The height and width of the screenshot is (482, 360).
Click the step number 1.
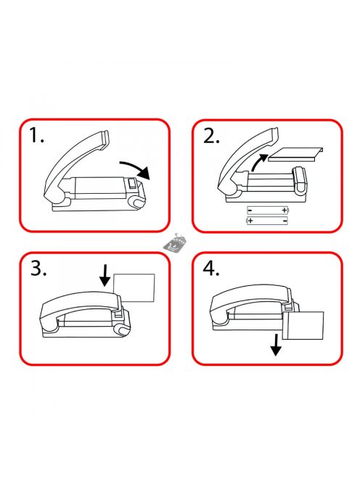[36, 136]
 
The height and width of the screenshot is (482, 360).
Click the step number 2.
[211, 136]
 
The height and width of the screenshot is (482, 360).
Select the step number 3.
[38, 269]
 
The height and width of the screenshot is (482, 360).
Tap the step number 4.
[211, 269]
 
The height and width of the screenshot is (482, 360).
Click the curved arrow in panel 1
[135, 168]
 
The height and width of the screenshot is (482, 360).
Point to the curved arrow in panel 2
[258, 161]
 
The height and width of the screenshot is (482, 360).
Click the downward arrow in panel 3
[105, 276]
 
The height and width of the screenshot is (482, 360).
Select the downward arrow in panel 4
[276, 345]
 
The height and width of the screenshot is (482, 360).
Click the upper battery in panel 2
[268, 211]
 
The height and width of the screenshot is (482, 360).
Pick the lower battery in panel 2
[268, 221]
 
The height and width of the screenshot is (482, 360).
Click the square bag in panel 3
[134, 287]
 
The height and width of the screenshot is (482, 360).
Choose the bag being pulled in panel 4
[303, 326]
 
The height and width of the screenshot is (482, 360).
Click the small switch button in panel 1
[132, 183]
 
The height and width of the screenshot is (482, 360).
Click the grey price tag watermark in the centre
[174, 243]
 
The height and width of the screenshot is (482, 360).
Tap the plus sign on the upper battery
[284, 211]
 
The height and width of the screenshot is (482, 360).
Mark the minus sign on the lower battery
[285, 221]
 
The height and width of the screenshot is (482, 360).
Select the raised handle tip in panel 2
[274, 136]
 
